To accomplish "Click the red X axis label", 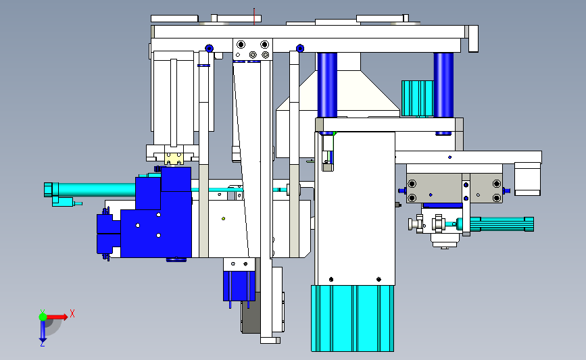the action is tap(72, 313).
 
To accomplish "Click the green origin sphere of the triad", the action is tap(43, 317).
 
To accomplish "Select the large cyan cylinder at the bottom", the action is tap(352, 318).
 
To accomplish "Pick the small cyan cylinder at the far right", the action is tap(495, 224).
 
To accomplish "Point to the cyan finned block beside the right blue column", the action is tap(418, 98).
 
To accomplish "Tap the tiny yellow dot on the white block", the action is tap(224, 218).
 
